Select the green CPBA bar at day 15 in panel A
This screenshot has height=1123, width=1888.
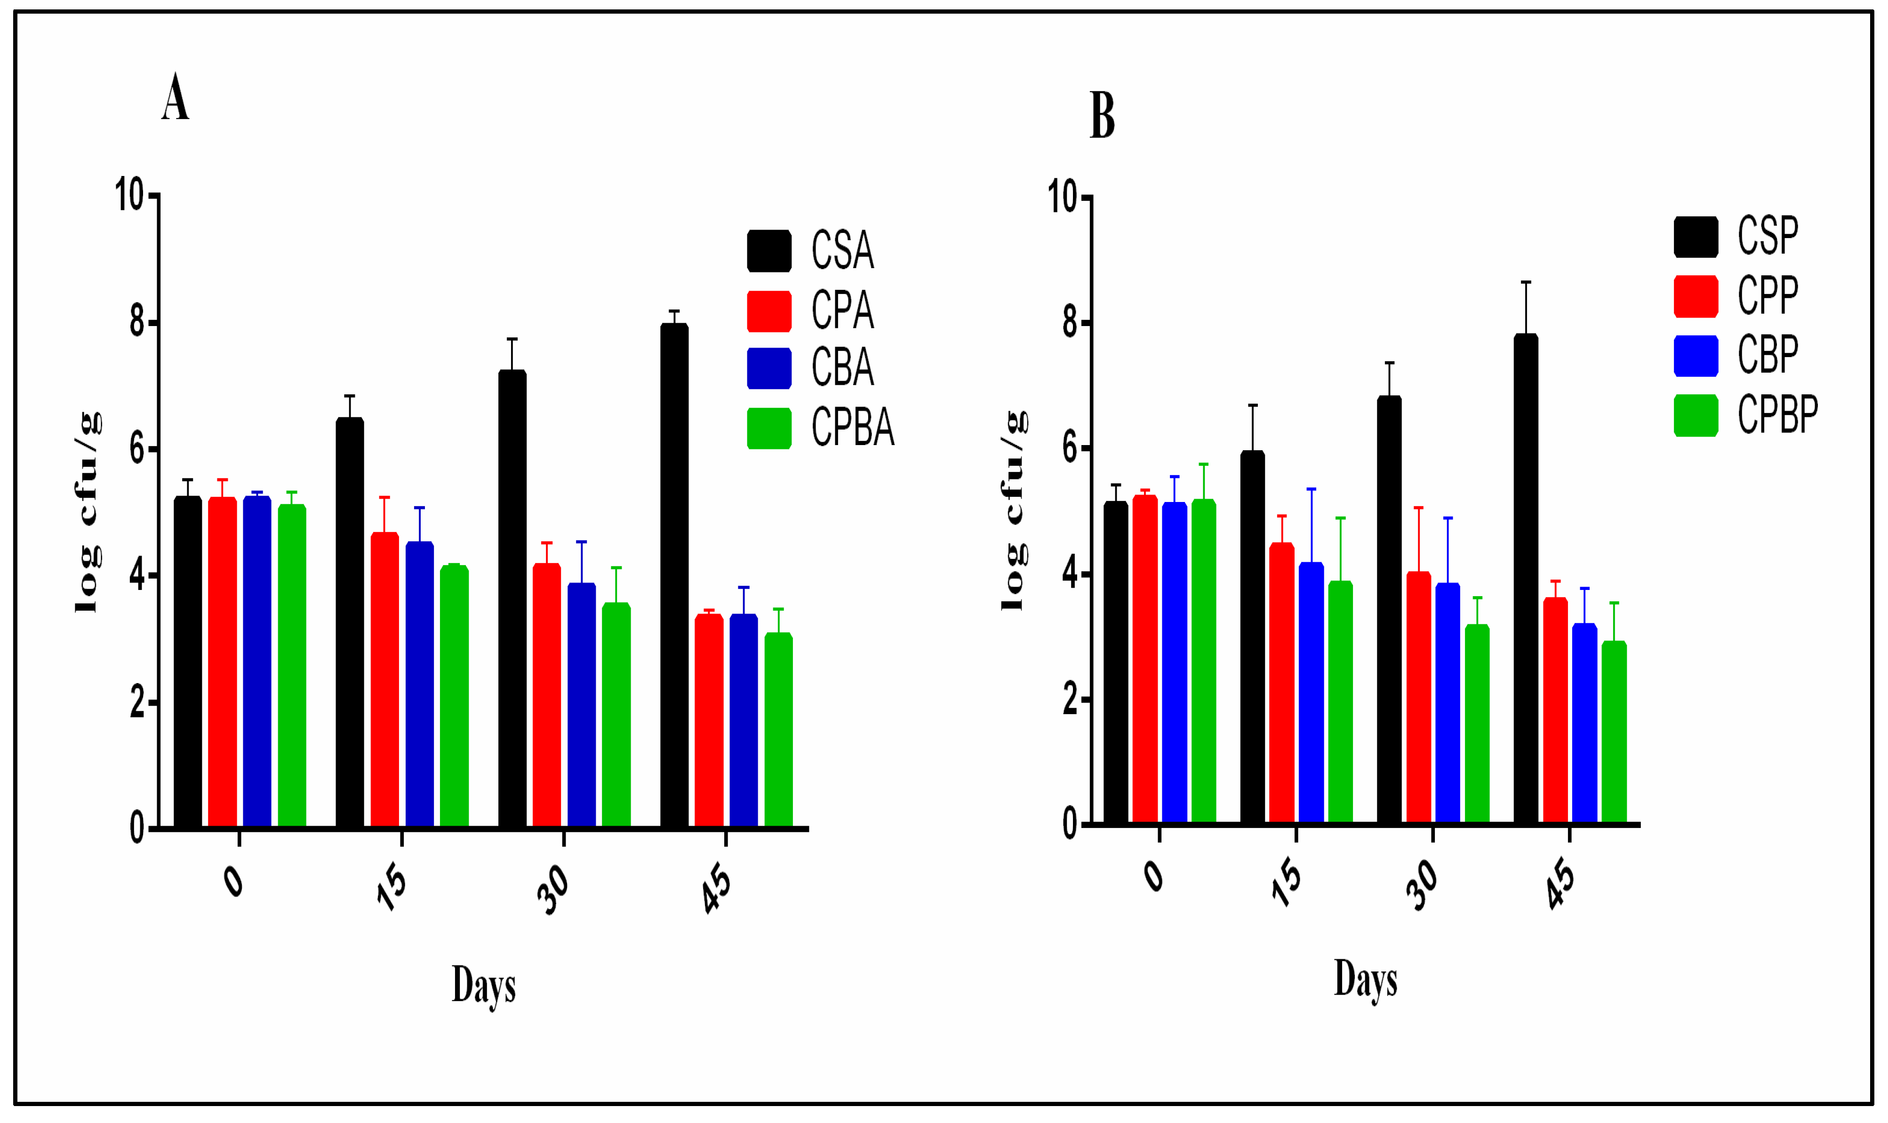[454, 696]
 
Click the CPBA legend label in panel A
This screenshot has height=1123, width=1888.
[853, 428]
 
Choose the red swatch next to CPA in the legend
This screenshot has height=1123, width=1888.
[769, 311]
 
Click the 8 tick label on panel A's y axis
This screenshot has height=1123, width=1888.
[137, 322]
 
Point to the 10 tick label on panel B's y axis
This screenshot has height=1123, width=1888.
[1063, 197]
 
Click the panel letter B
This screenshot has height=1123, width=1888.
[1102, 116]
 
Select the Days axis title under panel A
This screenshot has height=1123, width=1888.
[484, 985]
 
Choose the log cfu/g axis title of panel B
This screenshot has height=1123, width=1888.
[1014, 511]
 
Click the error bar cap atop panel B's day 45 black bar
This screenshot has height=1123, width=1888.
[1526, 282]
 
